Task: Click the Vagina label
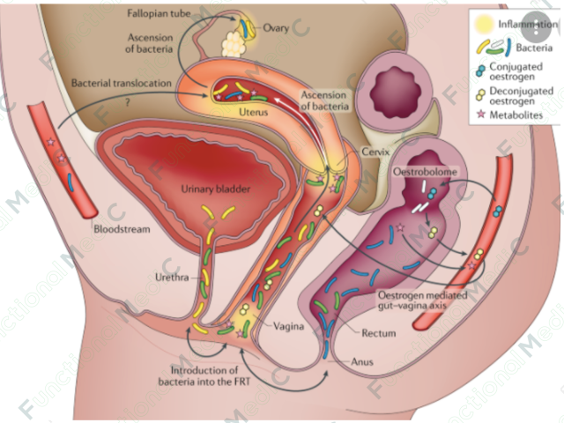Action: tap(288, 327)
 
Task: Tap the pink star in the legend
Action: tap(481, 115)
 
